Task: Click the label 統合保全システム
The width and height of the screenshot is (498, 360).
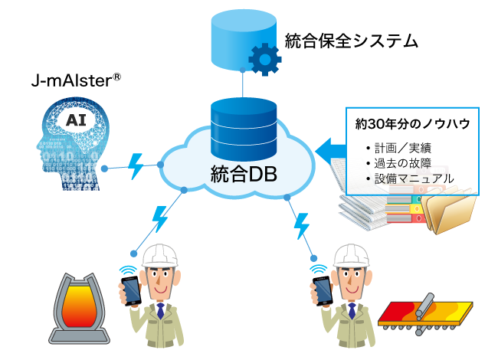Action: pyautogui.click(x=351, y=40)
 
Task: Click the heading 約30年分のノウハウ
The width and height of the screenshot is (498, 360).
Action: pyautogui.click(x=412, y=122)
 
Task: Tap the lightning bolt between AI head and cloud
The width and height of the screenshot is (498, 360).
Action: pyautogui.click(x=136, y=165)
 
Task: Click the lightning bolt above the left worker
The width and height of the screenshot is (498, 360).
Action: pyautogui.click(x=160, y=218)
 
